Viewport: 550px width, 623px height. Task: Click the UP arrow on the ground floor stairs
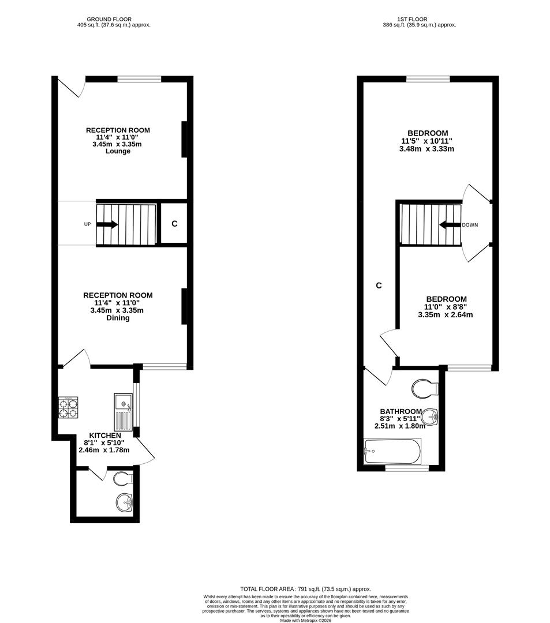pos(107,224)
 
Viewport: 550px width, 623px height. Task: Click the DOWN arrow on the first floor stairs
pos(450,226)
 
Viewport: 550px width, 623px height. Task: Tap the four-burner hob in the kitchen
pos(68,407)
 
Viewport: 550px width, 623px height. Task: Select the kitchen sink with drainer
pos(123,412)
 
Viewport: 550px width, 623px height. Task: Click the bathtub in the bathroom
pos(392,451)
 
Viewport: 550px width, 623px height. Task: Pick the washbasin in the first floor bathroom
pos(429,417)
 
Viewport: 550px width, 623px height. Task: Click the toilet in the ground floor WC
pos(123,478)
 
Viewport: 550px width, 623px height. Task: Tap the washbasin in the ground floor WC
pos(125,503)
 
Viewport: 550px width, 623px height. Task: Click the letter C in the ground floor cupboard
pos(174,224)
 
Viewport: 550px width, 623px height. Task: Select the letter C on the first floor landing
pos(379,286)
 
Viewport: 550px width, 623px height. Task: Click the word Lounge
pos(118,151)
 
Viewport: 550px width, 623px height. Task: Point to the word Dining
pos(118,318)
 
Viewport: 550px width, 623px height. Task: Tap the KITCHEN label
pos(105,436)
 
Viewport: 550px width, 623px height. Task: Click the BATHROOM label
pos(401,412)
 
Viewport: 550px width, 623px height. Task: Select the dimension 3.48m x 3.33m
pos(427,149)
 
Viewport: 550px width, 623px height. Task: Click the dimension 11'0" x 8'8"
pos(446,307)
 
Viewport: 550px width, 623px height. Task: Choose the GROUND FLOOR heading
pos(109,19)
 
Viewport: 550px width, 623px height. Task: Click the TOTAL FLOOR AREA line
pos(306,589)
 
